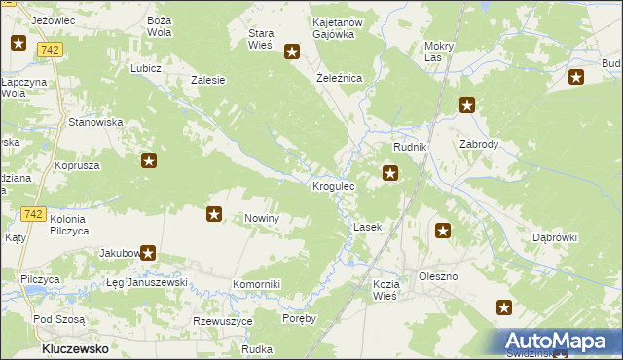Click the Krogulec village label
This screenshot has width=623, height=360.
[x=333, y=185]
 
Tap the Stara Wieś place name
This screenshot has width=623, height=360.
[x=261, y=38]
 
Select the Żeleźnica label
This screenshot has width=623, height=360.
[x=340, y=77]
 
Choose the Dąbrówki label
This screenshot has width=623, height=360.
[x=555, y=237]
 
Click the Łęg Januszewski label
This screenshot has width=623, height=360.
[x=146, y=282]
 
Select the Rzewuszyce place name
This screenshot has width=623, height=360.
[x=223, y=321]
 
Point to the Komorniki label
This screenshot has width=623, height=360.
[x=256, y=284]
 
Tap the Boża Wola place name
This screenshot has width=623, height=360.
[x=159, y=26]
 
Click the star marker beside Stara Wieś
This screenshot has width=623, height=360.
[x=291, y=53]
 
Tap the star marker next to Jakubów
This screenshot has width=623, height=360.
[x=148, y=254]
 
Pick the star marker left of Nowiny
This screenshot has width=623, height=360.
[x=215, y=214]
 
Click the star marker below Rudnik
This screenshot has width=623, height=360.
[x=390, y=174]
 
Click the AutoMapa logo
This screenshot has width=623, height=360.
[x=560, y=342]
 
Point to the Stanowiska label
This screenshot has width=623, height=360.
[x=93, y=122]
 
